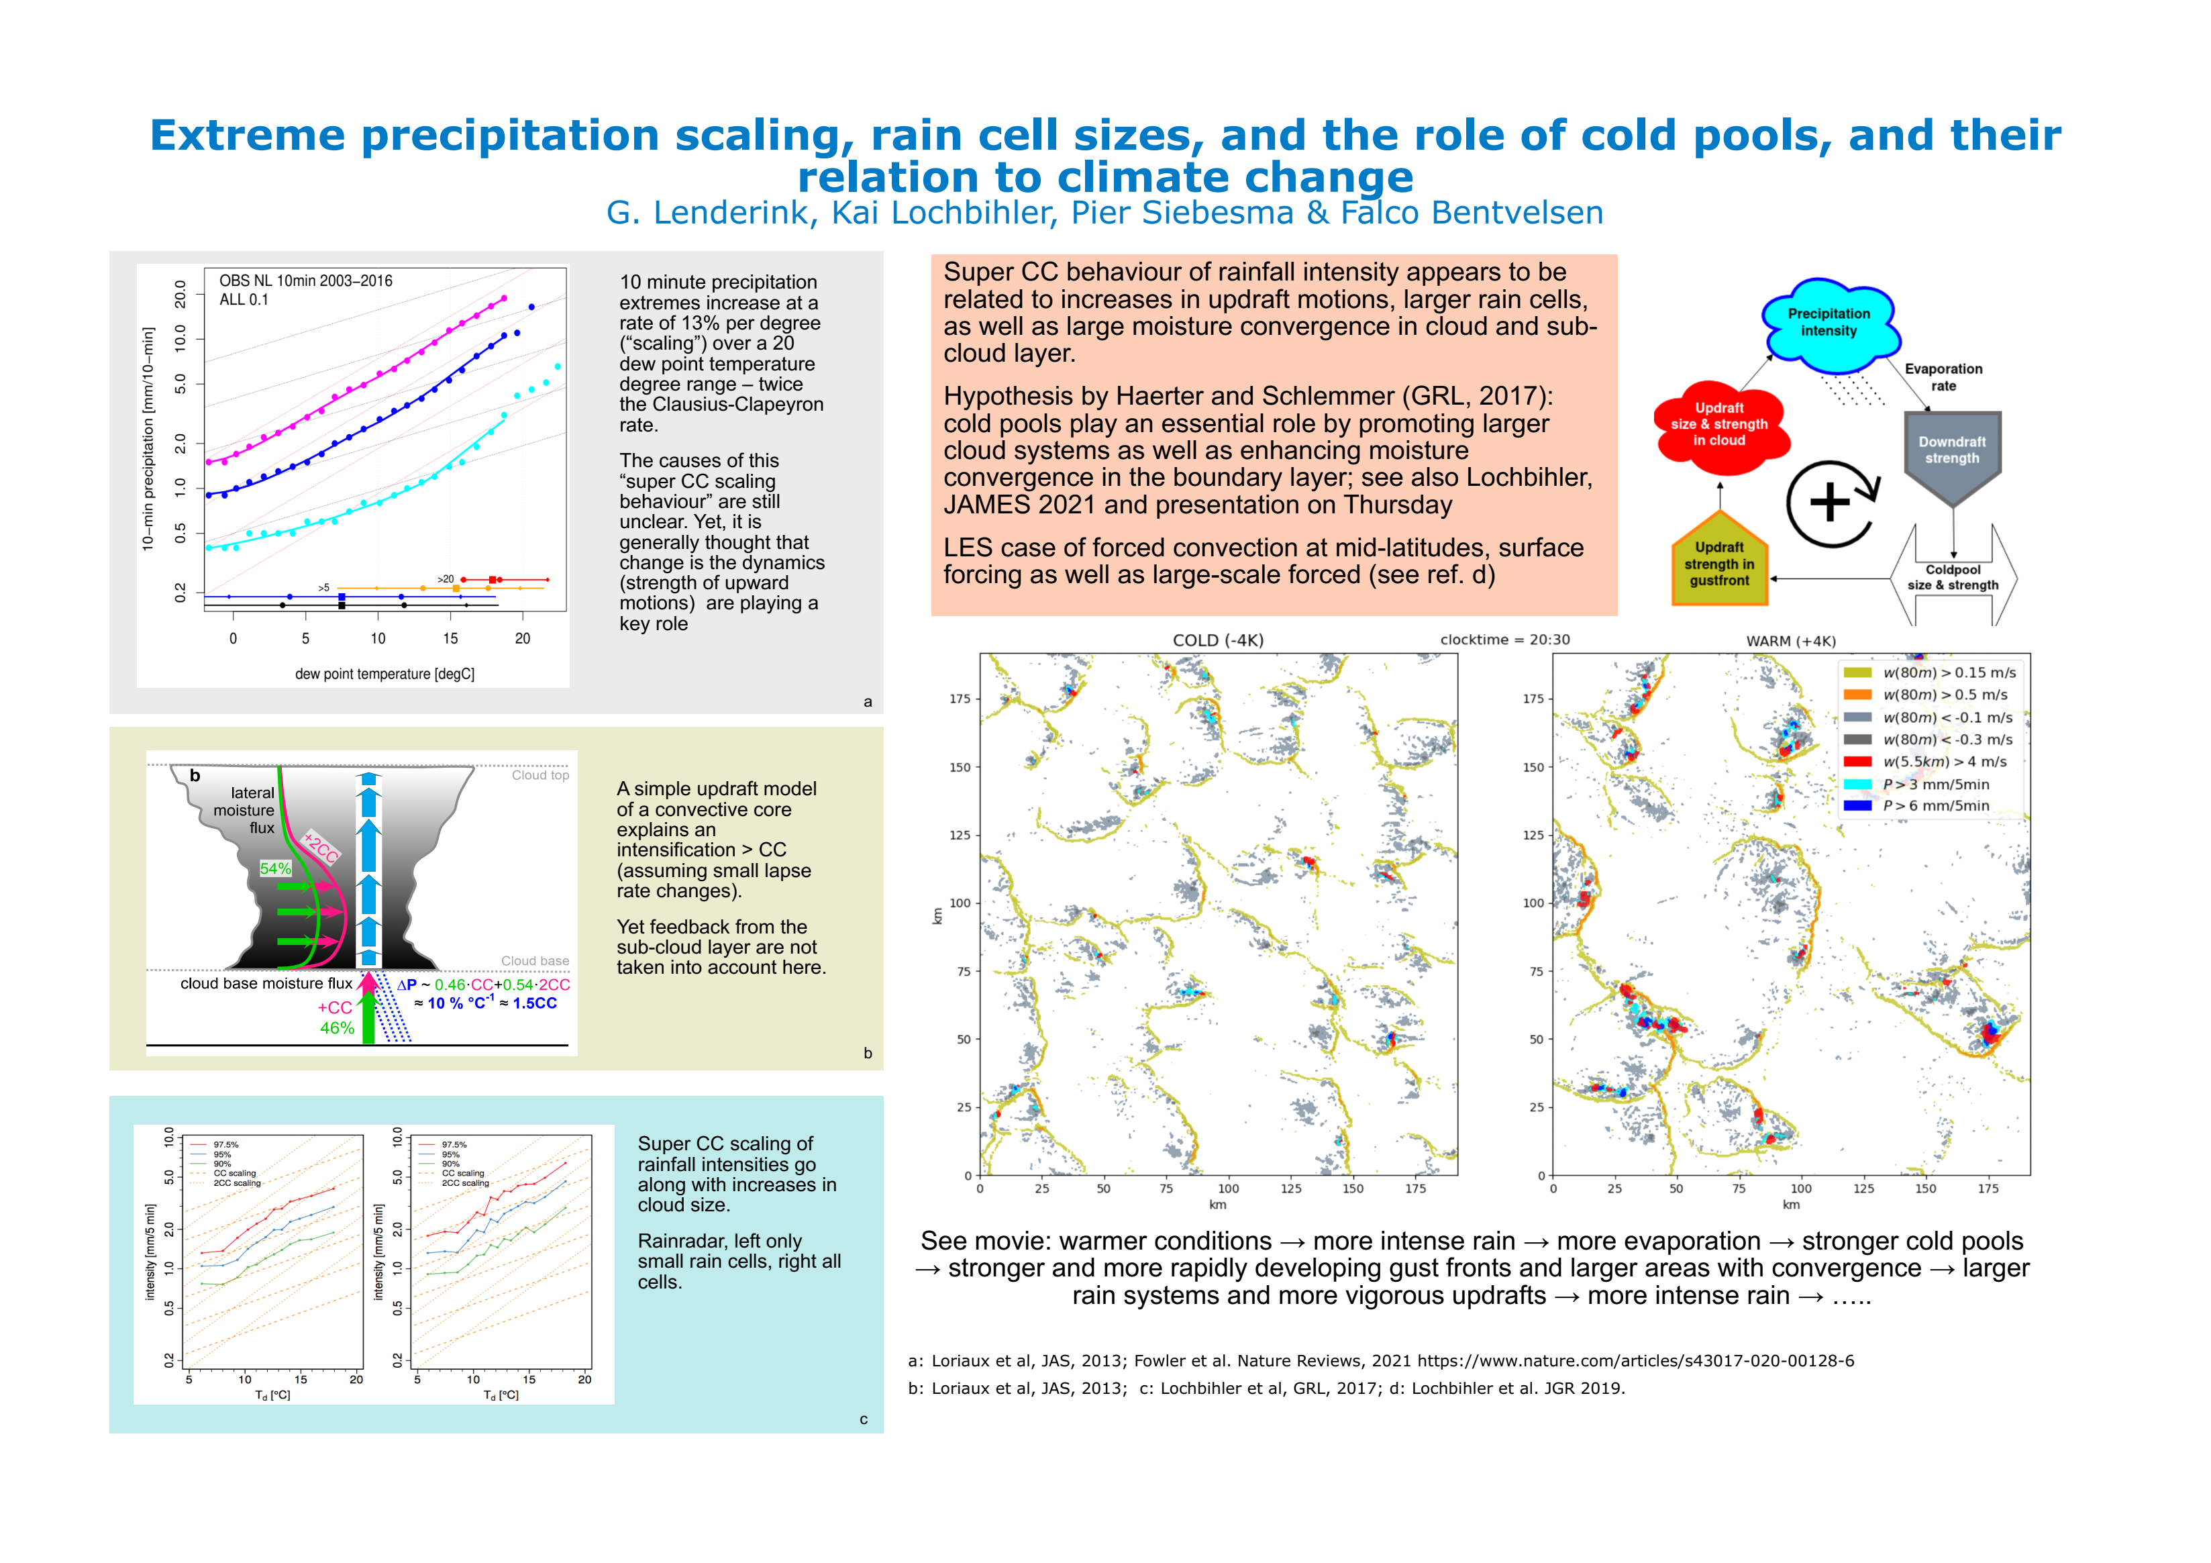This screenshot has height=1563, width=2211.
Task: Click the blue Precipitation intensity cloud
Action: pyautogui.click(x=1828, y=323)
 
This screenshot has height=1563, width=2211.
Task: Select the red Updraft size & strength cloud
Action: pyautogui.click(x=1719, y=425)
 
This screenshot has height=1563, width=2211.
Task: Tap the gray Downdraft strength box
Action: pyautogui.click(x=1952, y=451)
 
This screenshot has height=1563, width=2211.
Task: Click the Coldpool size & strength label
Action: pyautogui.click(x=1953, y=578)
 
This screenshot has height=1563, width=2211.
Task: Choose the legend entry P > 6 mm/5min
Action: pyautogui.click(x=1936, y=806)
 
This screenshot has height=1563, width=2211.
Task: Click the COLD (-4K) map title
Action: pyautogui.click(x=1217, y=640)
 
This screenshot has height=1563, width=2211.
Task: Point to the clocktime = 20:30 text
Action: pyautogui.click(x=1504, y=640)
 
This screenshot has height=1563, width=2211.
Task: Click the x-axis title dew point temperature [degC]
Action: pyautogui.click(x=384, y=674)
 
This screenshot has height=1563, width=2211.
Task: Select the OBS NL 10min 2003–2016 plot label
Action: pyautogui.click(x=305, y=281)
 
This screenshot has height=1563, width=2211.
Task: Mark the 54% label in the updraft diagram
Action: pyautogui.click(x=275, y=868)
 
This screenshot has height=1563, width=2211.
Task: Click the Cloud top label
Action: pyautogui.click(x=539, y=775)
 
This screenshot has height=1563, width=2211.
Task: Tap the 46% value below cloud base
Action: pyautogui.click(x=337, y=1029)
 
